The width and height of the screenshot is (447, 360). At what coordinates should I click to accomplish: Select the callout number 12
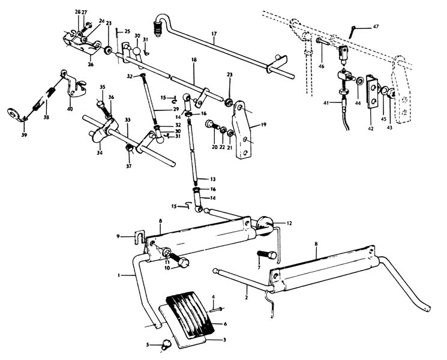coord(289,223)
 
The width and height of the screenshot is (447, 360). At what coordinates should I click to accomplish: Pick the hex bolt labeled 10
coord(181,262)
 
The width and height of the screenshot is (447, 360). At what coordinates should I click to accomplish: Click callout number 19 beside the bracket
coord(262,126)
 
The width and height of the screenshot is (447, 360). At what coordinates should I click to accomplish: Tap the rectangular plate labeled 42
coord(372,89)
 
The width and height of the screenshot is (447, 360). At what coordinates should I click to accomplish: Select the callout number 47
coord(376,26)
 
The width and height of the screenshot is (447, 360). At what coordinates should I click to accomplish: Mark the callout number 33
coord(127,120)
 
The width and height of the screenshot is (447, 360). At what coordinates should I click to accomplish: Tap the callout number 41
coord(326,103)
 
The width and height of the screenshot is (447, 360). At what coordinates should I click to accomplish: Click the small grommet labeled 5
coord(166,344)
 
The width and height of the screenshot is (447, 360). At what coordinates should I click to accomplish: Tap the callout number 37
coord(128,164)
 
